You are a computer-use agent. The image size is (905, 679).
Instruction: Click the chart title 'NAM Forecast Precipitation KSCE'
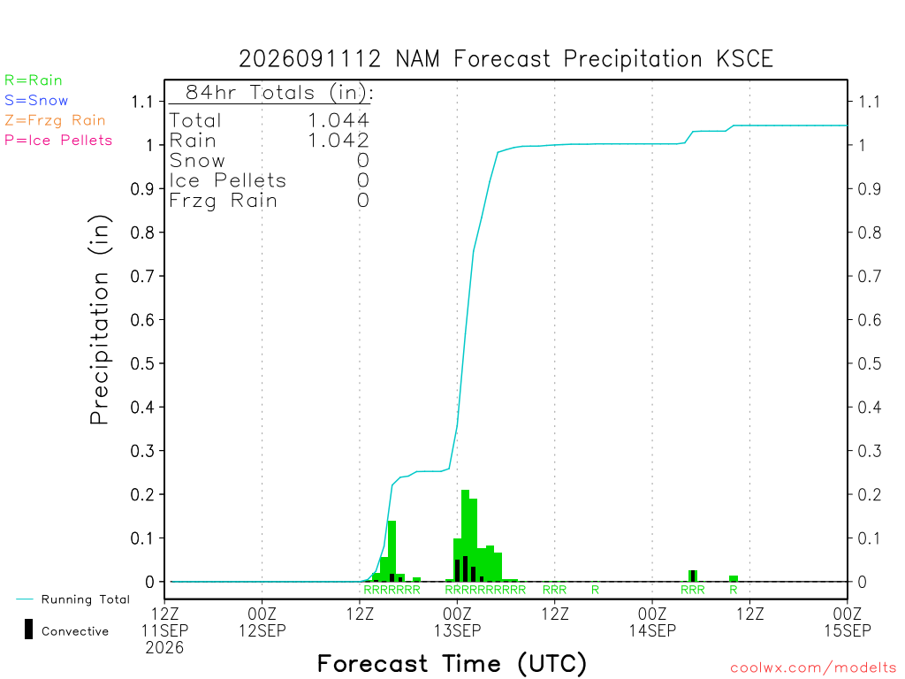[x=584, y=59]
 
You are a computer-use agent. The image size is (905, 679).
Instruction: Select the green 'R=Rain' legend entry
[x=34, y=80]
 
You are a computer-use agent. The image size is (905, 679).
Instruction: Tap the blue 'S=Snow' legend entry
[x=36, y=101]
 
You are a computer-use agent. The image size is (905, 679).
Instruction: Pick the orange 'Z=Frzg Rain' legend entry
[x=55, y=120]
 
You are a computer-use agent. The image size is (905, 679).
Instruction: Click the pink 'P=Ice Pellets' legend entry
[x=58, y=141]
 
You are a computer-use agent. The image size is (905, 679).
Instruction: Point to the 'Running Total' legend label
[x=86, y=599]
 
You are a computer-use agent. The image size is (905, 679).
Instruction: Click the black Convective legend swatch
[x=28, y=629]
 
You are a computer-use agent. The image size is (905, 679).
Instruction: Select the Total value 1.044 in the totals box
[x=338, y=120]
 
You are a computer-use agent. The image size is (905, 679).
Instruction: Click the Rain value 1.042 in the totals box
[x=338, y=141]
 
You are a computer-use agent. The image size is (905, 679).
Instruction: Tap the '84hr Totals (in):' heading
[x=279, y=92]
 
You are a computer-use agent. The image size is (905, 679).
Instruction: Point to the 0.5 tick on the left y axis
[x=142, y=363]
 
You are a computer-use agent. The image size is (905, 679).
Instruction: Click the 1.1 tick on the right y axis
[x=870, y=103]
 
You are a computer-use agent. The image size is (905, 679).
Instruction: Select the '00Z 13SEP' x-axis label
[x=457, y=622]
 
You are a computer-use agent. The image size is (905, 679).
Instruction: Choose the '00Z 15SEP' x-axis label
[x=848, y=622]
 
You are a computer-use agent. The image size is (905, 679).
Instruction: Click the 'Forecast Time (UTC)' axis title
[x=452, y=663]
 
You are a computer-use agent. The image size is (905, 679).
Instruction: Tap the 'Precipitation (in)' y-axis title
[x=99, y=320]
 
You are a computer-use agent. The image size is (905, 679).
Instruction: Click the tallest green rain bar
[x=465, y=535]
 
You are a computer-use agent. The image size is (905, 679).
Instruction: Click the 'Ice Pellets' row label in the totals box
[x=227, y=180]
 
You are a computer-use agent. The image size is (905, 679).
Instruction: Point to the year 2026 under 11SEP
[x=164, y=648]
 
